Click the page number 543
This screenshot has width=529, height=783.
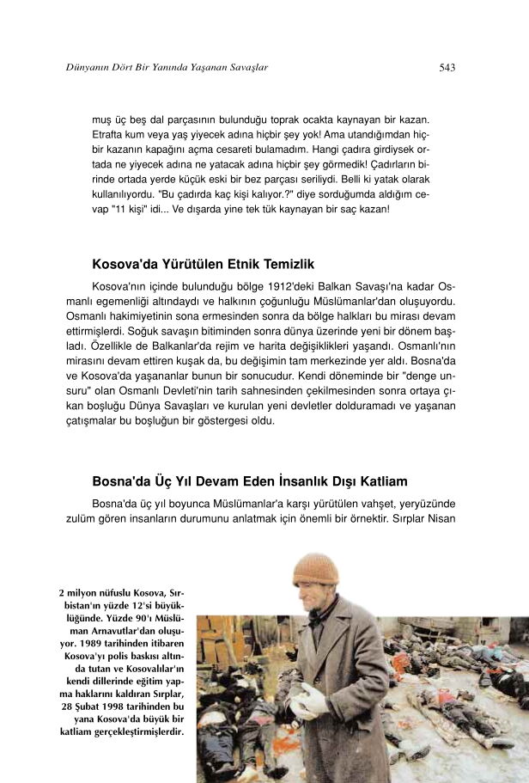[x=447, y=67]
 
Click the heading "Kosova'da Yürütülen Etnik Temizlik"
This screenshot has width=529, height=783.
[x=204, y=264]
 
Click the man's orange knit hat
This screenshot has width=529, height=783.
[x=315, y=569]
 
